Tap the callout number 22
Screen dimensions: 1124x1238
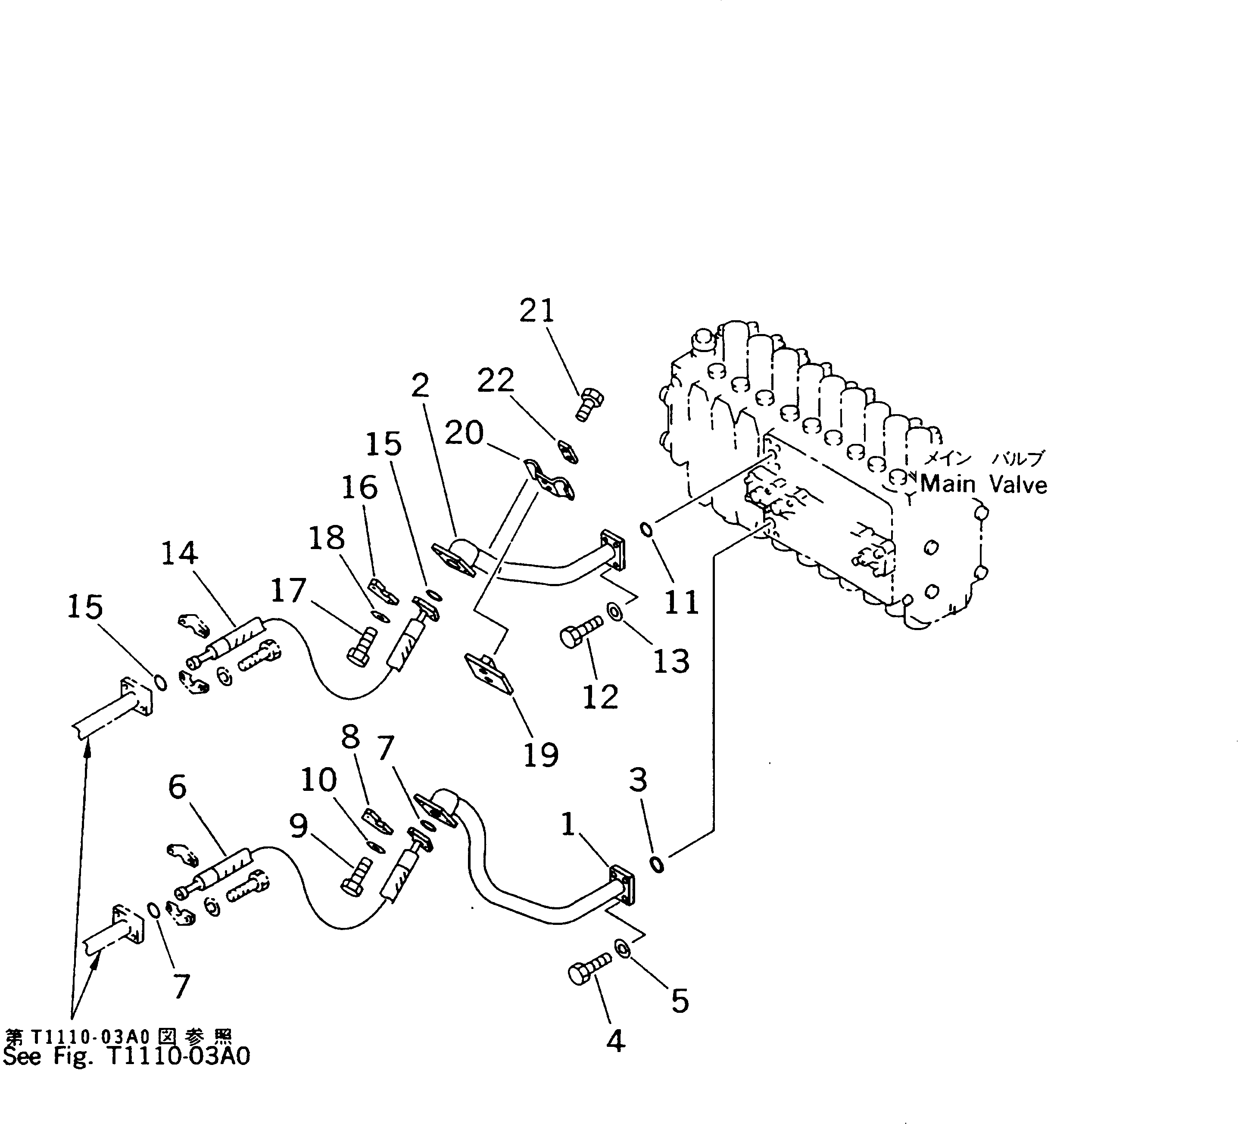(x=496, y=381)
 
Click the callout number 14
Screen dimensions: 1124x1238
(x=179, y=553)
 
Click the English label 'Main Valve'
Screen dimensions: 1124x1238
(x=983, y=484)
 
